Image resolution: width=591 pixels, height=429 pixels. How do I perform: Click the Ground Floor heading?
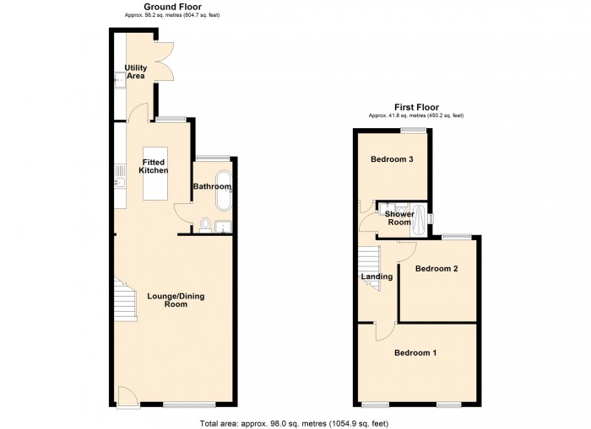click(x=172, y=7)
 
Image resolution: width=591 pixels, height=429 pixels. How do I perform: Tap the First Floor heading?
click(x=416, y=107)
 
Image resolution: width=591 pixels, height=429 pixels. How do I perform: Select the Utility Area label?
click(x=136, y=72)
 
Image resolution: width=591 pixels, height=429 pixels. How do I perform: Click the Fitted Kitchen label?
click(x=154, y=166)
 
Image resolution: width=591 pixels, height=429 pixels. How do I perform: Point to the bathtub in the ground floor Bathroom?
click(x=224, y=190)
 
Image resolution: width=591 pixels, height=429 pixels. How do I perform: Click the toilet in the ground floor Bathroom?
click(x=205, y=225)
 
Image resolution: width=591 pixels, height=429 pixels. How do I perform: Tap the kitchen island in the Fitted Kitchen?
click(x=155, y=174)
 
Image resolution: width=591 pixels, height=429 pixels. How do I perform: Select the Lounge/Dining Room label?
click(x=176, y=300)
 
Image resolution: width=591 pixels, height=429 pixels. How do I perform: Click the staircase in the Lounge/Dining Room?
click(x=126, y=299)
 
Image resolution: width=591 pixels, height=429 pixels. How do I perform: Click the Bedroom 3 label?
click(x=392, y=159)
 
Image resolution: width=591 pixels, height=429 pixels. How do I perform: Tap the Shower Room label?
click(x=399, y=218)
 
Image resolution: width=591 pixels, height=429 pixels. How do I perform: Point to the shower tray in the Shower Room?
click(x=419, y=220)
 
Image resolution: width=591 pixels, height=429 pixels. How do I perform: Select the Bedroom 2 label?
click(x=436, y=269)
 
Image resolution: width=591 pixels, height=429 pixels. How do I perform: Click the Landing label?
click(x=377, y=277)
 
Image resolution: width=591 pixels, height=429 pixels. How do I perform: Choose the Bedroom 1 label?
click(x=415, y=353)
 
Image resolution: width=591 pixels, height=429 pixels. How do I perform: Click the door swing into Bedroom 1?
click(x=385, y=331)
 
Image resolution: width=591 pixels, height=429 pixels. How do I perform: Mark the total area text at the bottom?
click(x=294, y=424)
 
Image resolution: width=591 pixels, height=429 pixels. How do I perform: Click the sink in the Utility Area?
click(x=120, y=80)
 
